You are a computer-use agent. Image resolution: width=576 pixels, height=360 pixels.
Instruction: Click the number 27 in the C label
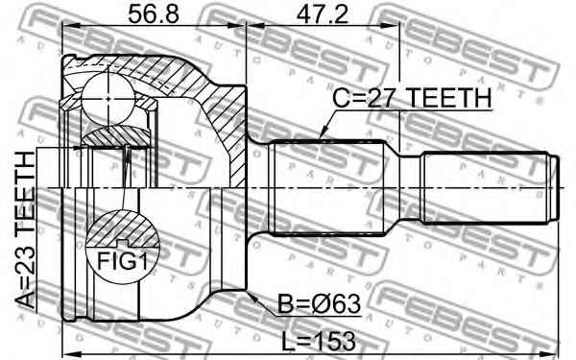[390, 99]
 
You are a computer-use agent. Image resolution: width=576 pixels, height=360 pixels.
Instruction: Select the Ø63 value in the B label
[336, 305]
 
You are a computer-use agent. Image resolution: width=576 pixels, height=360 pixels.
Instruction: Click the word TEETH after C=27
[449, 99]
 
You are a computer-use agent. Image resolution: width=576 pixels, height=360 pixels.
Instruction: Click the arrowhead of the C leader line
[324, 134]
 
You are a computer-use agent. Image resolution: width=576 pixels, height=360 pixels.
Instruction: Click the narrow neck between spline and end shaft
[405, 187]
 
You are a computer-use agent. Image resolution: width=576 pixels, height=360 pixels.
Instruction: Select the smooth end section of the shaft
[485, 187]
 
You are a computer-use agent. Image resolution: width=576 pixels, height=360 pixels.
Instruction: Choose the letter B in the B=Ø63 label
[286, 305]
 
